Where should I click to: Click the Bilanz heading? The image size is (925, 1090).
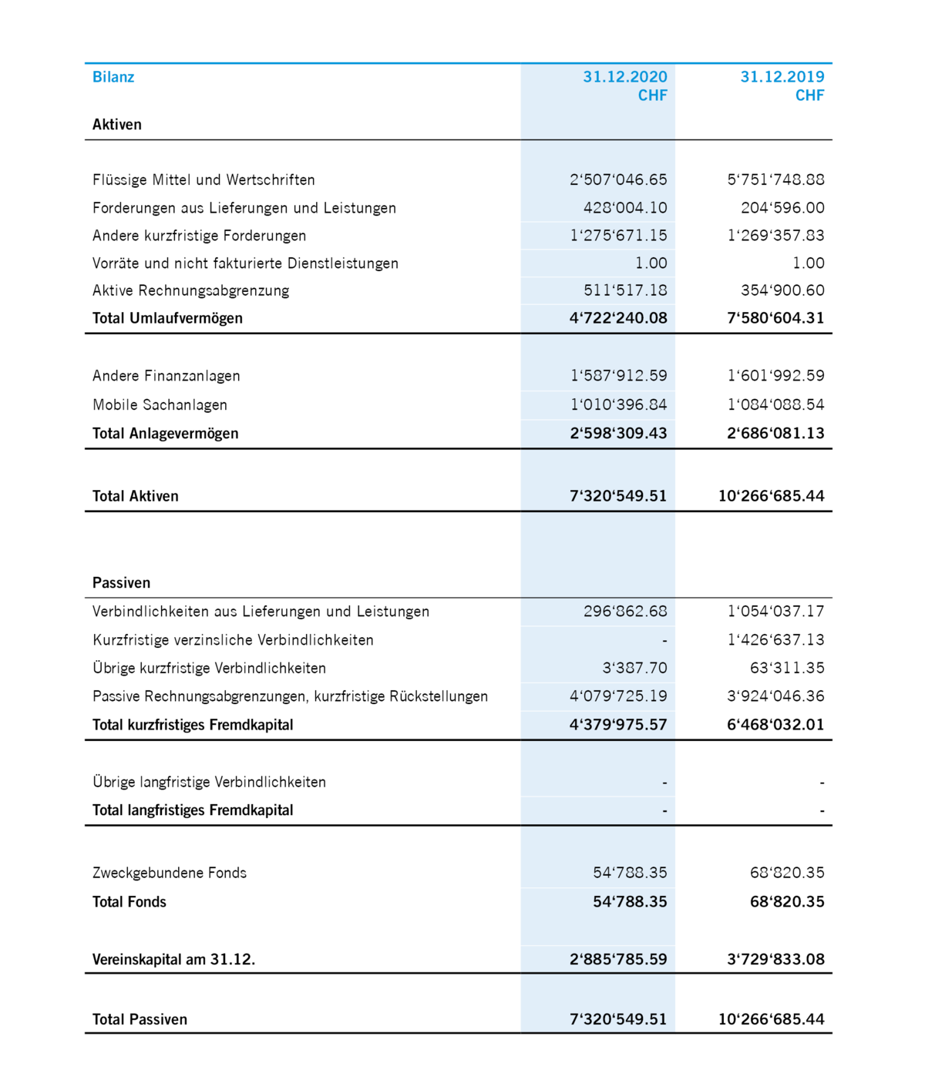(x=113, y=77)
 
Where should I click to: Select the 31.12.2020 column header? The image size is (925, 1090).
(x=624, y=77)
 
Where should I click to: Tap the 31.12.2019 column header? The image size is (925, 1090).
(x=782, y=77)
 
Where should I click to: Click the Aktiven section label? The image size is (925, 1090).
(x=117, y=125)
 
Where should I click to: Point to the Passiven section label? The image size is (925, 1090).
(x=121, y=583)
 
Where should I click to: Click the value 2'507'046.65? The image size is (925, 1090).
(x=618, y=180)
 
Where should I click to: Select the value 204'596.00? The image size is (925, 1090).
(x=782, y=208)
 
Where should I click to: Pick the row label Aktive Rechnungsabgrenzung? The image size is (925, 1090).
(x=190, y=291)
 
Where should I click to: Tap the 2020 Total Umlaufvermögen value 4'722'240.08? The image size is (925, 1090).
(x=618, y=318)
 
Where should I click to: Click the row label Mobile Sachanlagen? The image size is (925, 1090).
(x=160, y=405)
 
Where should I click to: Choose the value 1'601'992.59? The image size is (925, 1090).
(x=775, y=376)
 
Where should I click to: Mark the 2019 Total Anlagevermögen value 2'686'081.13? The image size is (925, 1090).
(x=775, y=434)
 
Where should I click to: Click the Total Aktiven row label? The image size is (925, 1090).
(x=136, y=497)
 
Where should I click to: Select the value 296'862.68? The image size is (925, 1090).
(x=625, y=612)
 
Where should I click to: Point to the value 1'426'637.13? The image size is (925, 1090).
(x=775, y=640)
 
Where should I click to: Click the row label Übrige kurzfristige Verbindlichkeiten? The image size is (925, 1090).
(x=209, y=669)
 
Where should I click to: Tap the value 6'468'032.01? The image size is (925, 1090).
(x=775, y=725)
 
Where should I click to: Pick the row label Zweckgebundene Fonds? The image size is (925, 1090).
(x=170, y=873)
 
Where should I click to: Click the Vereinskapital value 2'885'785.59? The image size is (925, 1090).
(x=618, y=960)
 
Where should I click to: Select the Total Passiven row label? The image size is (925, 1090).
(x=140, y=1020)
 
